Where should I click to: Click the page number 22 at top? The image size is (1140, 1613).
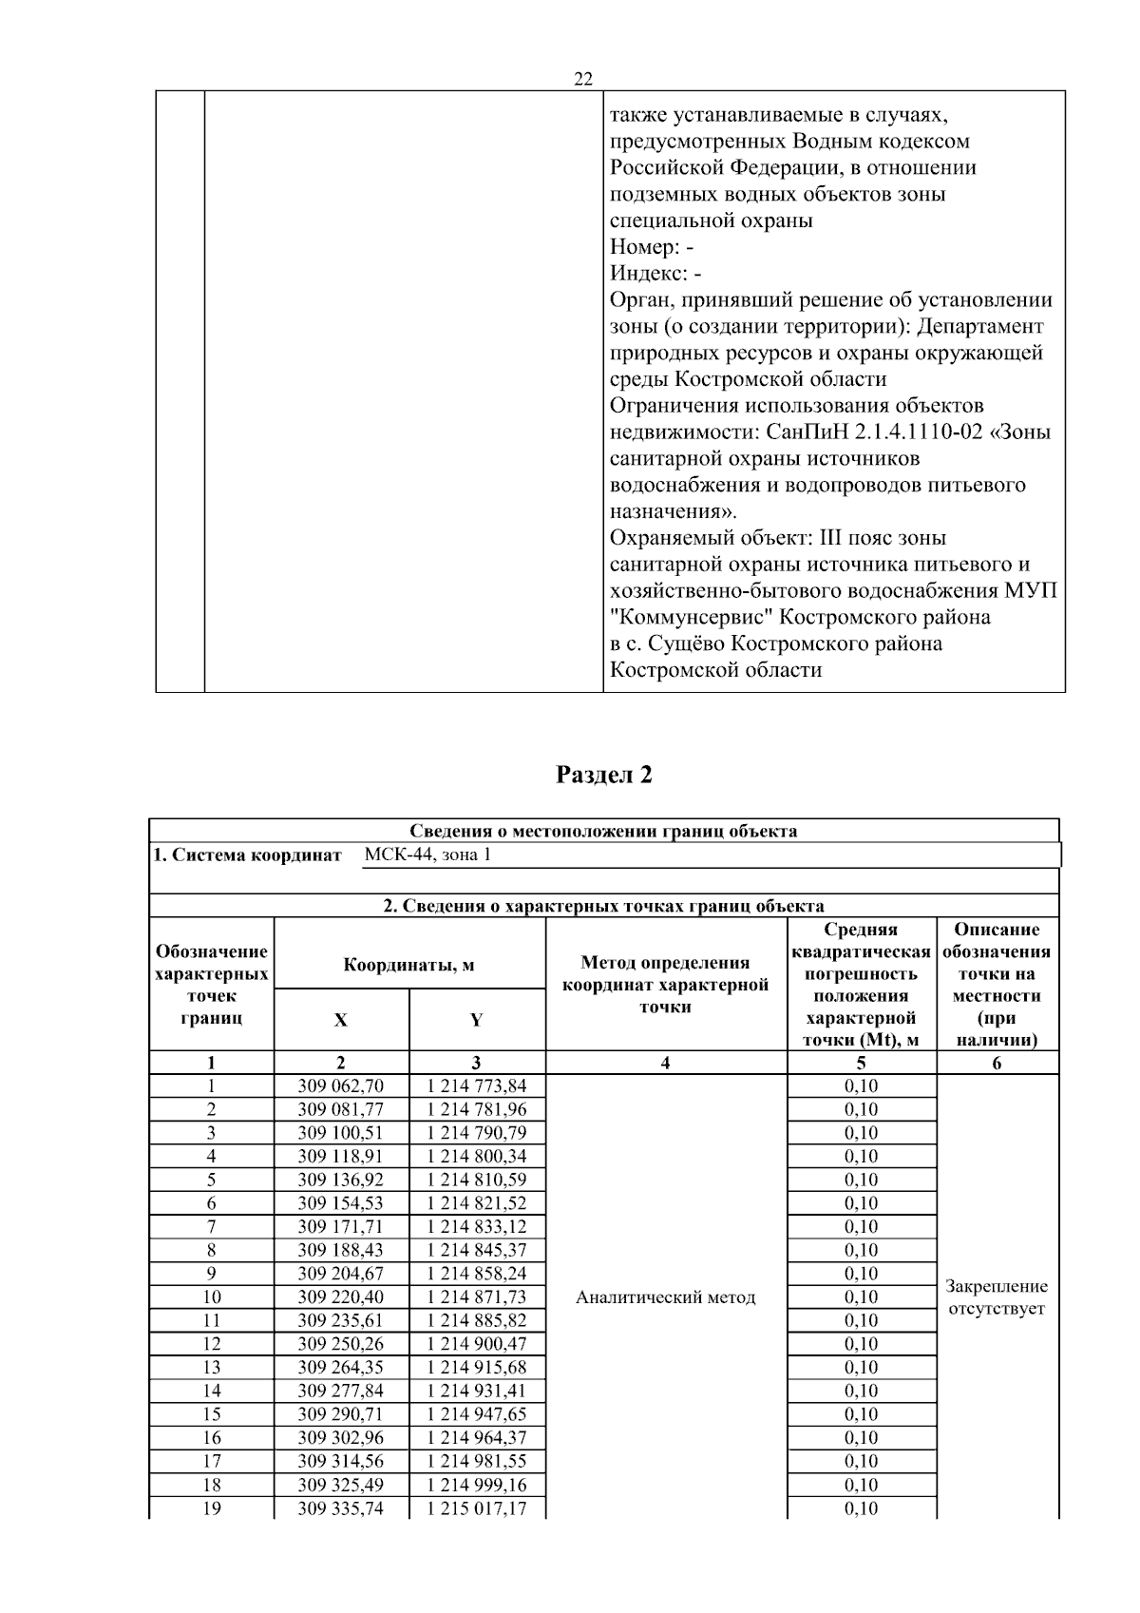click(583, 80)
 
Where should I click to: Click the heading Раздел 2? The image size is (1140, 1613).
click(604, 775)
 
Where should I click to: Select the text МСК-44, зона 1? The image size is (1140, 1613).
click(427, 855)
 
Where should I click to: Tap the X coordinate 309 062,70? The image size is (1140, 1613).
click(341, 1086)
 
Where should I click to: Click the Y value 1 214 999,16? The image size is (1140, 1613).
click(477, 1485)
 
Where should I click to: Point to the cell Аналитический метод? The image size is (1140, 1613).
click(666, 1297)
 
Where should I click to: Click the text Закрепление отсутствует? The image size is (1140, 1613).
click(997, 1297)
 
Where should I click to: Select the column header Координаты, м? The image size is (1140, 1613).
click(408, 966)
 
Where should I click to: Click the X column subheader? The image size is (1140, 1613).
click(341, 1020)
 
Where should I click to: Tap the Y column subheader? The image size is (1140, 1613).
click(477, 1020)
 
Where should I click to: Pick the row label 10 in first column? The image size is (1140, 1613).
click(211, 1297)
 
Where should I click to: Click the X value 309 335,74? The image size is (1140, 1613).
click(341, 1508)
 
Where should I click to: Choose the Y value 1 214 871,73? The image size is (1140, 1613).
click(477, 1297)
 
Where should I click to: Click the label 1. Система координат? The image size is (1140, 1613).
click(247, 855)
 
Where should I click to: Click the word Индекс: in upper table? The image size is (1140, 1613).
click(648, 274)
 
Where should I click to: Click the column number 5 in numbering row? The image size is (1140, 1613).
click(862, 1064)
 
